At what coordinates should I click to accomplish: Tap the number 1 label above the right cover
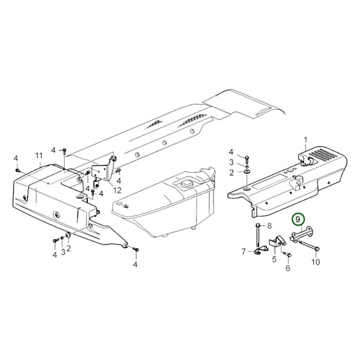click(305, 143)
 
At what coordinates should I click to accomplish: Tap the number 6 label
click(244, 252)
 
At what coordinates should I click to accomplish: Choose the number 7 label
click(269, 225)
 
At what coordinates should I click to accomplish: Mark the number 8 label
click(269, 225)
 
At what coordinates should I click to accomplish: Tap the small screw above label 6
click(286, 255)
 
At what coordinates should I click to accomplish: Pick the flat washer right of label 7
click(259, 253)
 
